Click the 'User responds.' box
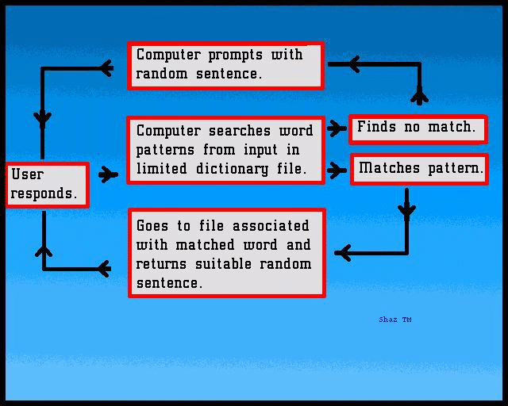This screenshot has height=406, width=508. [48, 185]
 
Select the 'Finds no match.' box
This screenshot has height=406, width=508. [418, 129]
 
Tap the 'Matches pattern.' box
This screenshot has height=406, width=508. [420, 170]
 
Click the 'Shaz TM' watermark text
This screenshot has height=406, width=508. [395, 320]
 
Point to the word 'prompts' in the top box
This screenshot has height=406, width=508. [235, 55]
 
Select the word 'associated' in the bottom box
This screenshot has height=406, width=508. [271, 226]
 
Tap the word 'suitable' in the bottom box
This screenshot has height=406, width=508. [224, 264]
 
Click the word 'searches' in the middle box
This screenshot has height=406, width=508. [240, 131]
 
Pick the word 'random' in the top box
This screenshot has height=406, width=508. [162, 74]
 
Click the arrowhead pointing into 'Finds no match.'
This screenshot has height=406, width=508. [337, 128]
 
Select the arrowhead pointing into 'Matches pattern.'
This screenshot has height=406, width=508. [337, 170]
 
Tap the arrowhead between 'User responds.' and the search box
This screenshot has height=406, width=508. [108, 174]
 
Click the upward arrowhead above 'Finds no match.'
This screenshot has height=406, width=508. [420, 96]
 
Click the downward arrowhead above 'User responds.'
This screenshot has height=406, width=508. [42, 118]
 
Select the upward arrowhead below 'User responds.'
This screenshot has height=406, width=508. [44, 252]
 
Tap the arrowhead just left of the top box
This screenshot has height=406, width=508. [106, 68]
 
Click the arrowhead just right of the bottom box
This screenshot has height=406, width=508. [344, 253]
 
